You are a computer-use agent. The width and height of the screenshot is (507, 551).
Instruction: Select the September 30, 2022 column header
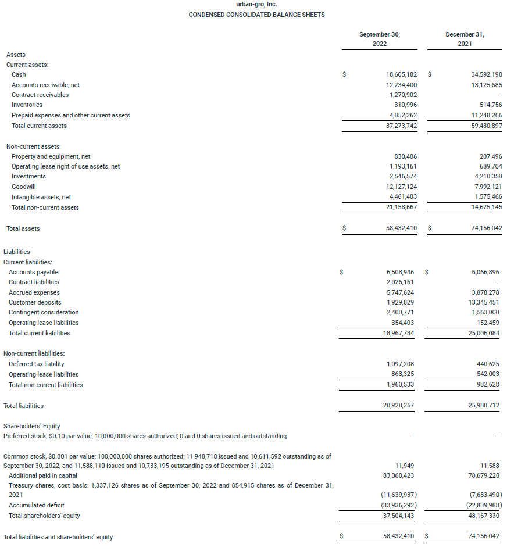(x=379, y=39)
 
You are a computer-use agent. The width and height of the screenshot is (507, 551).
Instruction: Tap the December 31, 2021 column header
(x=465, y=39)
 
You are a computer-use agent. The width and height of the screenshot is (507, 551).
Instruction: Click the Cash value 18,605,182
(x=401, y=75)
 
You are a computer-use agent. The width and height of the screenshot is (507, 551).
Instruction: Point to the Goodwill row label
(x=24, y=187)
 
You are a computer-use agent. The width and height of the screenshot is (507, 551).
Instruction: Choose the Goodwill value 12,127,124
(x=401, y=187)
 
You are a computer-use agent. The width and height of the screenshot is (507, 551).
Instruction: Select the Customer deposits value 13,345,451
(x=485, y=303)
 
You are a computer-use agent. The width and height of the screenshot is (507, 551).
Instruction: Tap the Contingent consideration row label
(x=44, y=313)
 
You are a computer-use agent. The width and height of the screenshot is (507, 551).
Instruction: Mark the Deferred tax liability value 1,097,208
(x=399, y=364)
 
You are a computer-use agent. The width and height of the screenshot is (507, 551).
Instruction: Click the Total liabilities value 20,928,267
(x=398, y=406)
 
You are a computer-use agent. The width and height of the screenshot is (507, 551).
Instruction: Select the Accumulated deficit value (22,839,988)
(x=483, y=506)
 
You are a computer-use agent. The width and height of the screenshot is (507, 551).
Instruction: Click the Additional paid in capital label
(x=43, y=476)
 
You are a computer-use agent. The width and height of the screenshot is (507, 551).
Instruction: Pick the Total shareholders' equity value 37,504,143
(x=398, y=516)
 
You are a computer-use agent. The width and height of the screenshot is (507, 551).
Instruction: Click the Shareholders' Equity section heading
(x=32, y=426)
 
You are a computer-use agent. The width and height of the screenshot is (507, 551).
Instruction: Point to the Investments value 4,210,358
(x=487, y=176)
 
